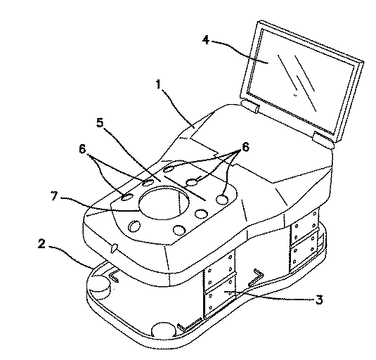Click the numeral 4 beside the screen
(x=206, y=40)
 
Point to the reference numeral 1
(x=158, y=84)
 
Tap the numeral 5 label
(x=100, y=122)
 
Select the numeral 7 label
(x=54, y=196)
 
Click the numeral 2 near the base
(x=41, y=244)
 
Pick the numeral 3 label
(x=319, y=300)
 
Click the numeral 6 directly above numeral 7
(x=82, y=148)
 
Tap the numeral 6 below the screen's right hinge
(x=245, y=146)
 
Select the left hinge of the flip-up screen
(x=249, y=106)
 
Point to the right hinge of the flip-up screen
(x=323, y=139)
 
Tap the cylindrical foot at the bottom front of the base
(x=164, y=330)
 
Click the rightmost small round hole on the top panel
(x=222, y=199)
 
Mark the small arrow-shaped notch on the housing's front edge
(x=114, y=248)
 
